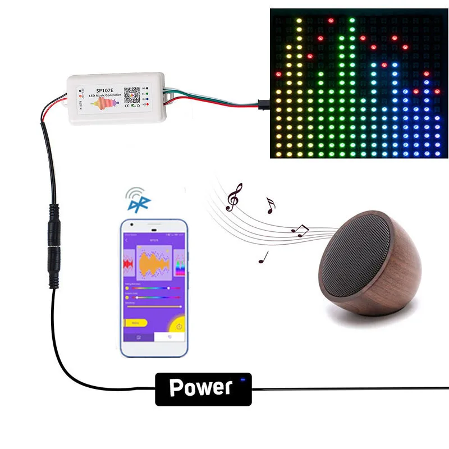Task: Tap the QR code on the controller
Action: (131, 94)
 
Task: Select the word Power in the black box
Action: (200, 387)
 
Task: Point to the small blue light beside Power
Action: (243, 380)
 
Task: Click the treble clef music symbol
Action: (233, 197)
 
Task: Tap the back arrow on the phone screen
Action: (127, 241)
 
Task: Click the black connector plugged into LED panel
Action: (263, 103)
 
